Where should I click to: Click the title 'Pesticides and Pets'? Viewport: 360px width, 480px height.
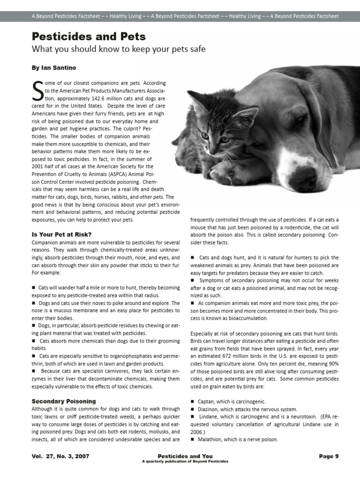point(89,37)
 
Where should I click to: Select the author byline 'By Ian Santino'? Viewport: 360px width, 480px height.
point(53,68)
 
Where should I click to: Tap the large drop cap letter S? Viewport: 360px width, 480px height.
point(37,92)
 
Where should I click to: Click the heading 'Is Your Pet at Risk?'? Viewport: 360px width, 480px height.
point(61,234)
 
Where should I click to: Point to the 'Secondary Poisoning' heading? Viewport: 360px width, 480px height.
point(64,401)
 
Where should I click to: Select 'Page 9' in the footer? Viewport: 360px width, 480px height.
point(329,456)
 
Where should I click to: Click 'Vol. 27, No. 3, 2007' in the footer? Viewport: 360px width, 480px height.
point(60,456)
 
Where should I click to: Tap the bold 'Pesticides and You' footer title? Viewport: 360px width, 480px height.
point(185,456)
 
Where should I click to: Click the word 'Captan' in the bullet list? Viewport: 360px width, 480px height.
point(206,402)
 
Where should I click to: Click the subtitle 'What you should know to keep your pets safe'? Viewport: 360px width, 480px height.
point(119,49)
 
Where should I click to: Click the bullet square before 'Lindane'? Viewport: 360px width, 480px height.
point(193,417)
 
